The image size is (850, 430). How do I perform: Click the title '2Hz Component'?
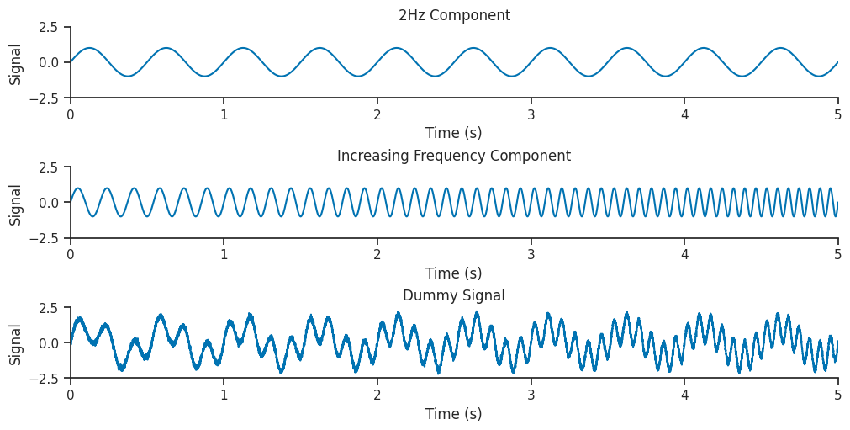tap(454, 15)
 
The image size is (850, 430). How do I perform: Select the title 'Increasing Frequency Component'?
tap(454, 156)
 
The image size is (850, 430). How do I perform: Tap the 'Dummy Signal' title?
tap(454, 295)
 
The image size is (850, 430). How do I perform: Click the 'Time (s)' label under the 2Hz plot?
tap(454, 133)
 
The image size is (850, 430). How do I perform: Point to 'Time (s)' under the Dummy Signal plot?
tap(454, 414)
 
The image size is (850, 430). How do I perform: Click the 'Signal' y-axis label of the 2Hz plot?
tap(15, 62)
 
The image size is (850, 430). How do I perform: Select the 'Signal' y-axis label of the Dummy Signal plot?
tap(15, 343)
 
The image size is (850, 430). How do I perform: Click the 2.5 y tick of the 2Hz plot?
tap(48, 27)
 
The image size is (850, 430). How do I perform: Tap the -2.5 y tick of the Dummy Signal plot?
tap(45, 379)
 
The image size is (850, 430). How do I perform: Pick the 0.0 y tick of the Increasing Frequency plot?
tap(48, 203)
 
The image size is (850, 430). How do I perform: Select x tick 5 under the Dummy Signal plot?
tap(838, 395)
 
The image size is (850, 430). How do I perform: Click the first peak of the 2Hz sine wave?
tap(90, 48)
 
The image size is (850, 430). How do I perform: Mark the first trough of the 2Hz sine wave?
tap(128, 76)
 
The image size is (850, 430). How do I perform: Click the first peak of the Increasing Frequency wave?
tap(78, 188)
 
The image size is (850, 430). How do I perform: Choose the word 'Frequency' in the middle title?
tap(449, 156)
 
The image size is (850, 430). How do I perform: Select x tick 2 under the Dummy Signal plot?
tap(377, 395)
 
